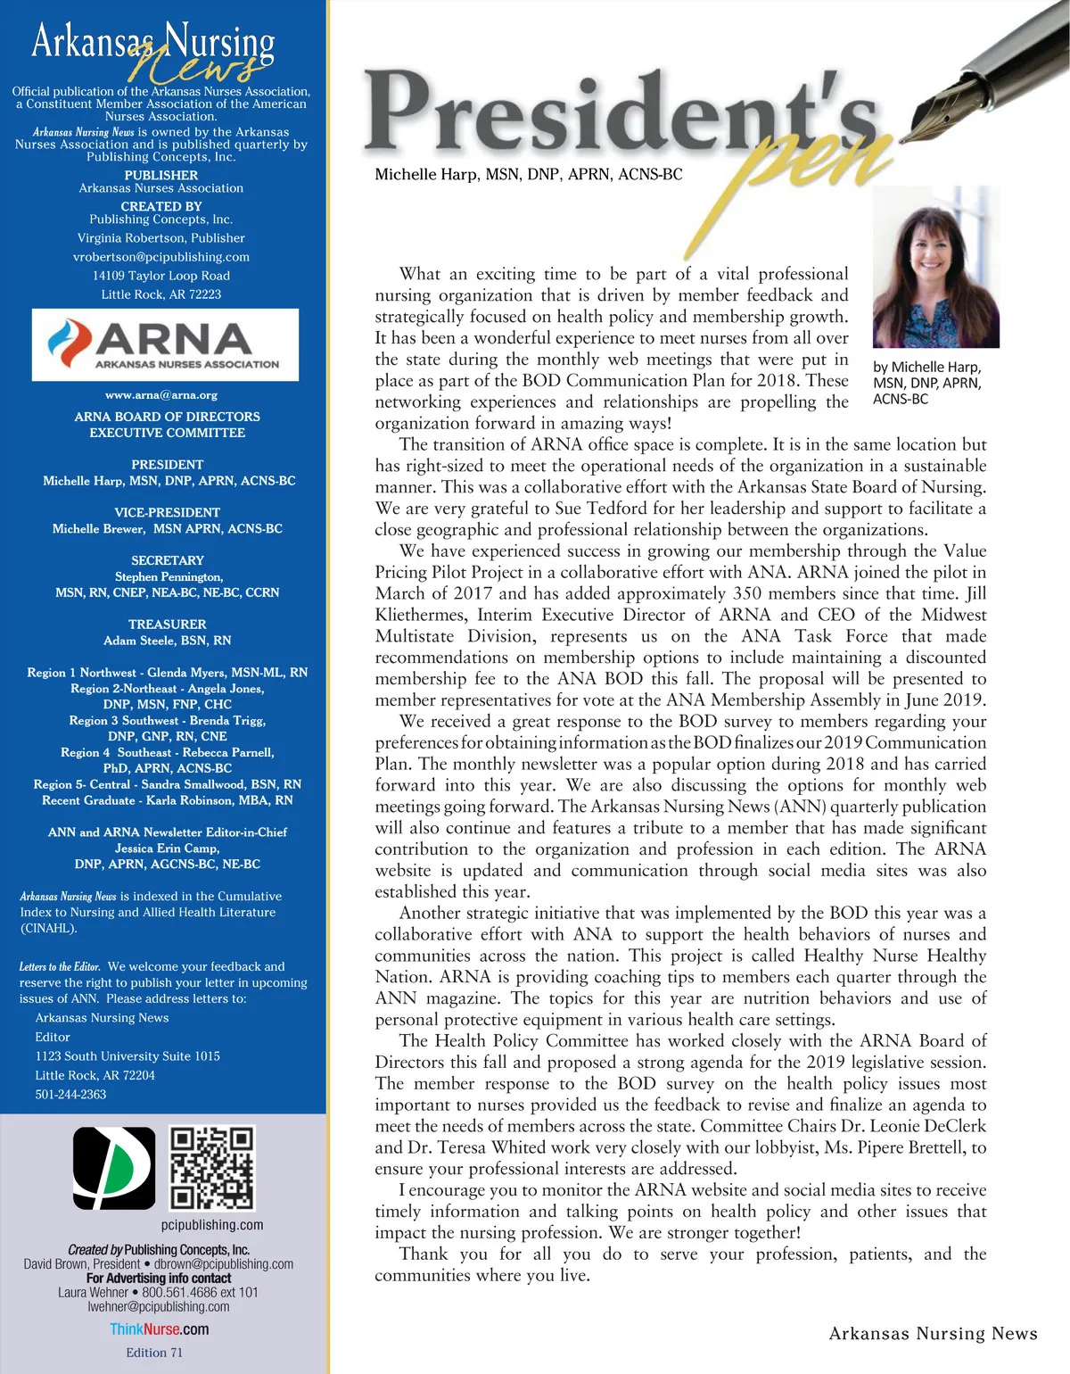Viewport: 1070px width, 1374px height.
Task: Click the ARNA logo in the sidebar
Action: (165, 344)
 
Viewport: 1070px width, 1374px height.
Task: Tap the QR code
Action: (212, 1168)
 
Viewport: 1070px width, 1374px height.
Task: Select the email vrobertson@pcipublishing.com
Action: (161, 257)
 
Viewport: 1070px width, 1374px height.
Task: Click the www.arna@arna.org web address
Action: (161, 394)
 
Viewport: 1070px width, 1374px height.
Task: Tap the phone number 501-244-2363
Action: (70, 1095)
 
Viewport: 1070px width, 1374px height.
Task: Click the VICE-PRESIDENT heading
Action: (167, 512)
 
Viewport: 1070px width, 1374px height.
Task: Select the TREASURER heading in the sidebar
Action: (167, 625)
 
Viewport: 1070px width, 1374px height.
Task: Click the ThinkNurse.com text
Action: (160, 1329)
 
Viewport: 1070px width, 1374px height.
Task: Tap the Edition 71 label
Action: (154, 1353)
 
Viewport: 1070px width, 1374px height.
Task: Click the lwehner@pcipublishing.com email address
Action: (159, 1307)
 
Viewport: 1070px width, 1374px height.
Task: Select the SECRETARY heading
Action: (167, 560)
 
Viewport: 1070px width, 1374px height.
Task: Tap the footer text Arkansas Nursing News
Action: (933, 1334)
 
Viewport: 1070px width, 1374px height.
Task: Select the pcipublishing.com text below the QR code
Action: (212, 1225)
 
